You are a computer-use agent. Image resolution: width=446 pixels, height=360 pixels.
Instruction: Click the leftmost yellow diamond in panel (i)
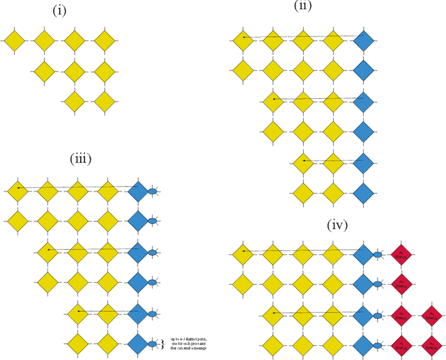[x=15, y=41]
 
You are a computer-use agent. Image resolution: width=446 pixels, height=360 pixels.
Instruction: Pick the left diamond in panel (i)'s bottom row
[x=74, y=101]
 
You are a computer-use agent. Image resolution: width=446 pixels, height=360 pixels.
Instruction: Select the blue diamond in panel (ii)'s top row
[x=364, y=41]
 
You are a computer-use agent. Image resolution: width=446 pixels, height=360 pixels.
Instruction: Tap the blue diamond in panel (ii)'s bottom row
[x=364, y=191]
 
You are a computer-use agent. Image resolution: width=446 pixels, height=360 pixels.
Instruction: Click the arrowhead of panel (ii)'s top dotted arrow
[x=244, y=37]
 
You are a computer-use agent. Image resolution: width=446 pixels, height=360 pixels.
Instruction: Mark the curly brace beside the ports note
[x=165, y=342]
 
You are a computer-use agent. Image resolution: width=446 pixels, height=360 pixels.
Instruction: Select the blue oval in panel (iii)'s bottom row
[x=153, y=342]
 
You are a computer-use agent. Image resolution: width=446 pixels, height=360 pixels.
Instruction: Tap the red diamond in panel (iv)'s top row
[x=401, y=255]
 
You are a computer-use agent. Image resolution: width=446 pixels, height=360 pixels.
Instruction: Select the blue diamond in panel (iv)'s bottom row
[x=362, y=343]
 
